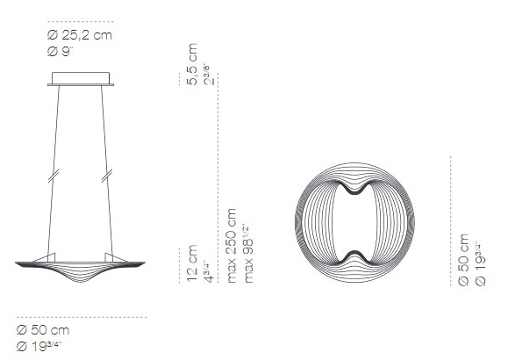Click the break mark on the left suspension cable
pyautogui.click(x=54, y=174)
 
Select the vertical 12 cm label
pyautogui.click(x=193, y=263)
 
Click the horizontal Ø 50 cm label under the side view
pyautogui.click(x=43, y=330)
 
